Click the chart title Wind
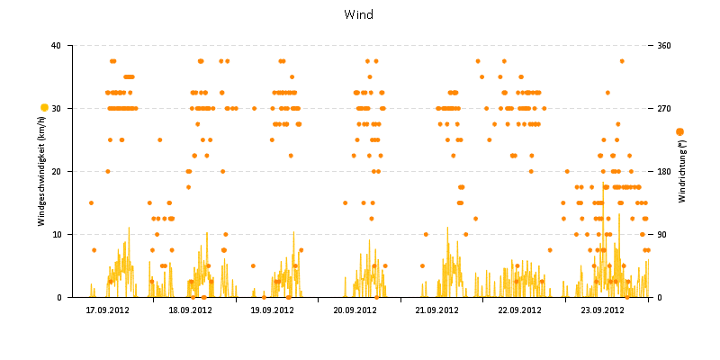[x=358, y=14]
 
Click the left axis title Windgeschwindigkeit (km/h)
[x=42, y=171]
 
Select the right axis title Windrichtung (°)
[x=682, y=171]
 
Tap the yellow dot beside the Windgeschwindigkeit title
[x=44, y=108]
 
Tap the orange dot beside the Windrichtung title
[x=679, y=131]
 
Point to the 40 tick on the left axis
[x=57, y=45]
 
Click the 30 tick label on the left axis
[x=57, y=108]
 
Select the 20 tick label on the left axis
[x=57, y=171]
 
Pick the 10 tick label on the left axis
[x=57, y=234]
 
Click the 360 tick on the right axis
[x=665, y=45]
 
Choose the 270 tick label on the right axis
[x=665, y=108]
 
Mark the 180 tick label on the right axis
[x=665, y=171]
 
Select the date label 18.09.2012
[x=191, y=310]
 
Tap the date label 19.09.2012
[x=273, y=310]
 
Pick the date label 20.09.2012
[x=355, y=310]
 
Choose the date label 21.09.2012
[x=437, y=310]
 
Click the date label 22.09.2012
[x=520, y=310]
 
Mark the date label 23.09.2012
[x=602, y=310]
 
